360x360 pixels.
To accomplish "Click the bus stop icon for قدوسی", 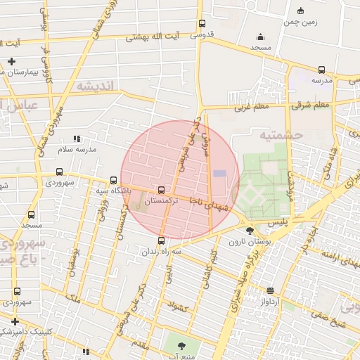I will click(x=202, y=23).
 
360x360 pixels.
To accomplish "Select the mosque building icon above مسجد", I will click(x=261, y=37).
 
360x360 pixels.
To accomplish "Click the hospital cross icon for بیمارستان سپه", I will click(x=11, y=61).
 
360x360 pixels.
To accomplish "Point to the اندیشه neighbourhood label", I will click(x=99, y=86).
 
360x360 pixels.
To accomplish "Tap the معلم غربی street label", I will click(x=252, y=108).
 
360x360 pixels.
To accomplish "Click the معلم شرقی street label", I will click(x=311, y=105).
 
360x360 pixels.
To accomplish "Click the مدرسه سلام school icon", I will click(x=76, y=139).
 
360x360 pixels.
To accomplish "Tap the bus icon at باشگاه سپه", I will click(x=114, y=180).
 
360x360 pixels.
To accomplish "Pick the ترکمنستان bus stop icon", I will click(x=162, y=190).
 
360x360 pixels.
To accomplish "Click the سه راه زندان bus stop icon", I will click(x=162, y=241).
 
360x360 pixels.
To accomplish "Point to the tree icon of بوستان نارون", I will click(x=250, y=230).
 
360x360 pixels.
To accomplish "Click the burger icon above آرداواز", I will click(x=271, y=290).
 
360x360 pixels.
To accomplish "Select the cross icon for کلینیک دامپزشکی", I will click(x=14, y=321).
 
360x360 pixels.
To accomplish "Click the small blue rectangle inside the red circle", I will click(x=220, y=173).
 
